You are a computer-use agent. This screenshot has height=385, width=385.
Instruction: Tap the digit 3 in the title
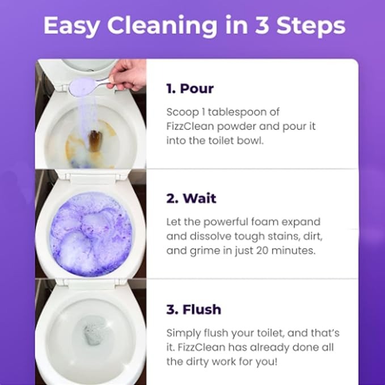(x=262, y=26)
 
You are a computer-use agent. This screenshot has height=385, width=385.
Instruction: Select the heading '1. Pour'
(x=190, y=88)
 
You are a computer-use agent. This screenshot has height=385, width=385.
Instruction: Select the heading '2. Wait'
(x=191, y=198)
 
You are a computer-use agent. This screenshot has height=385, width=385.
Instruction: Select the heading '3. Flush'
(x=194, y=310)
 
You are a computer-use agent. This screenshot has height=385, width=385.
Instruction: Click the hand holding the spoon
(x=129, y=75)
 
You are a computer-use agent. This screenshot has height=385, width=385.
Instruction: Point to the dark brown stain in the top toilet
(x=95, y=141)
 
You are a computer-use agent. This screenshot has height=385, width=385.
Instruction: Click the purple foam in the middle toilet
(x=91, y=234)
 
